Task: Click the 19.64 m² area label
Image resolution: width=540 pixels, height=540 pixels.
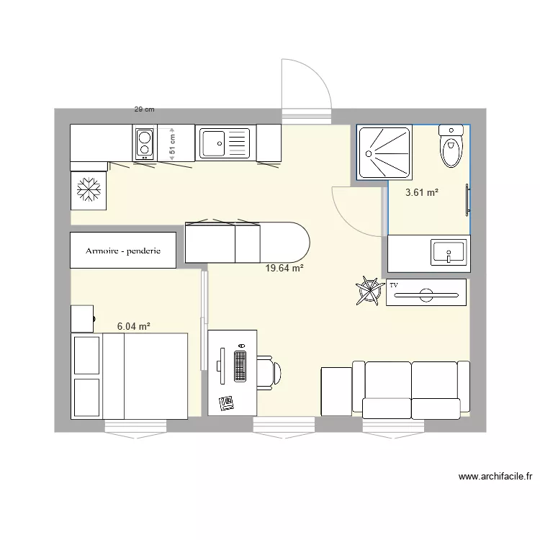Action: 284,269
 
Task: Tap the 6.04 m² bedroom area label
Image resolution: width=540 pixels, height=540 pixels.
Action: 134,326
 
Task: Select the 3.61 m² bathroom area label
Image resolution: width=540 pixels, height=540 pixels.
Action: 422,192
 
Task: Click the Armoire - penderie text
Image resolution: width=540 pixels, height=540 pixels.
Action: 122,251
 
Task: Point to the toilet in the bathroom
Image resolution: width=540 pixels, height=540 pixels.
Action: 451,147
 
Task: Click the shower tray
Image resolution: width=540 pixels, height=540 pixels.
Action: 385,152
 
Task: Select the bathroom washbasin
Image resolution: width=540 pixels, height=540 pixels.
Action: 449,253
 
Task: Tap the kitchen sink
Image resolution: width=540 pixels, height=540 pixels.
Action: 224,143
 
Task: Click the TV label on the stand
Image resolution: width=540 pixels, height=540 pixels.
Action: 394,286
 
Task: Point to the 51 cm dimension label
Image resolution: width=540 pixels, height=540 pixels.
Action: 172,144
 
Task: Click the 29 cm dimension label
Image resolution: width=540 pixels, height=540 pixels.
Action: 144,109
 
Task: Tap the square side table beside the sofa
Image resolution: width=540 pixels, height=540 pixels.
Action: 335,391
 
